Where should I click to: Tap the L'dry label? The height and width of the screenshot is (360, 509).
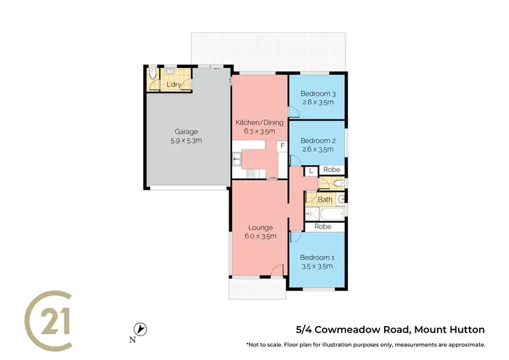(174, 85)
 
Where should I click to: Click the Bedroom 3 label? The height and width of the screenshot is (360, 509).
(318, 93)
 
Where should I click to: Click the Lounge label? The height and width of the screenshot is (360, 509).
(260, 227)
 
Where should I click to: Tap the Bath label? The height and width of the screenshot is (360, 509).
(325, 199)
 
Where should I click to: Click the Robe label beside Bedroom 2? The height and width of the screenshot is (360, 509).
(331, 170)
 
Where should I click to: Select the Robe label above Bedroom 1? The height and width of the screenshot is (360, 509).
(323, 226)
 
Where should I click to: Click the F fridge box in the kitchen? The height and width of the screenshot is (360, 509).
(281, 145)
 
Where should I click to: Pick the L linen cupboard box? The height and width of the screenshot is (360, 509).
(310, 171)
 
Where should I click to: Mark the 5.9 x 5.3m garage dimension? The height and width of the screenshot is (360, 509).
(188, 141)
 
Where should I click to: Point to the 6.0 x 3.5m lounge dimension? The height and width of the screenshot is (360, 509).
(260, 236)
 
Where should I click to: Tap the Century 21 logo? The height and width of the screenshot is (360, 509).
(49, 317)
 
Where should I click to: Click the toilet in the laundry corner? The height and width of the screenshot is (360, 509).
(153, 73)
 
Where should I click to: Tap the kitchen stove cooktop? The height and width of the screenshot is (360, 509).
(250, 173)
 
